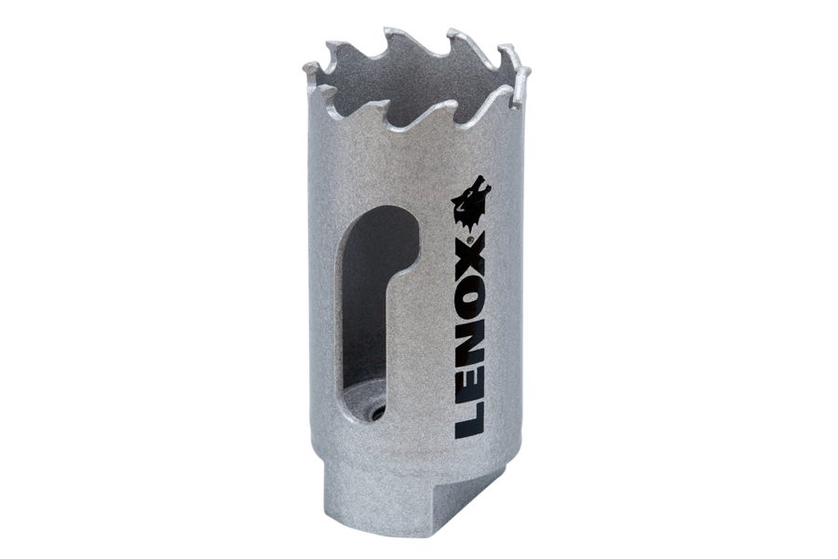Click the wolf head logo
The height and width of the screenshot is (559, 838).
click(x=471, y=201)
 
